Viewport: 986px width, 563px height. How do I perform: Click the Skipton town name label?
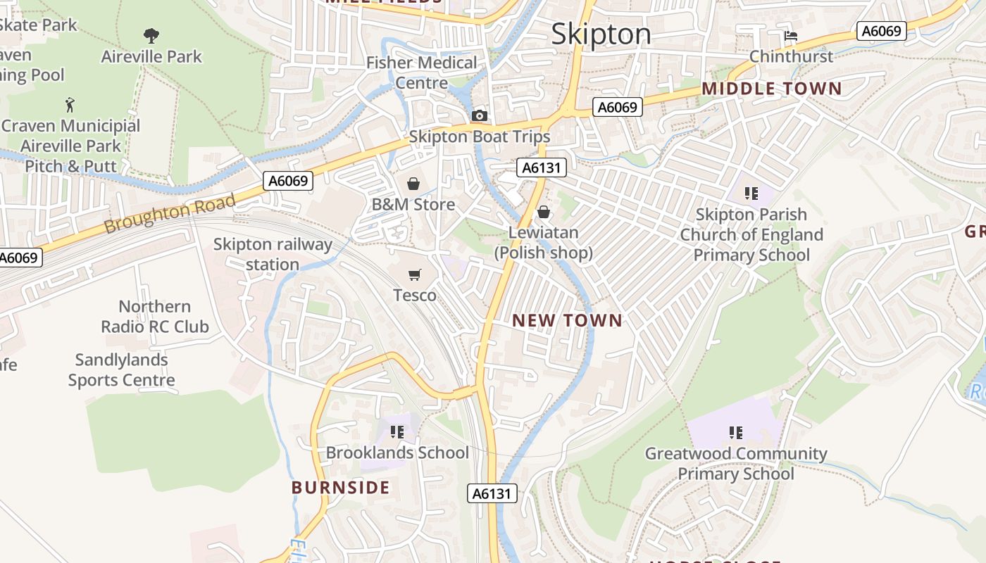coord(601,34)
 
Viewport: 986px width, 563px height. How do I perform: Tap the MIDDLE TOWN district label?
coord(771,89)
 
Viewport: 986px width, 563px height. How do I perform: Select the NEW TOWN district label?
coord(567,320)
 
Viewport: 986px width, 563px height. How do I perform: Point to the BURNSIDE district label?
coord(340,487)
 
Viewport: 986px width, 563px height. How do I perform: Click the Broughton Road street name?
coord(169,214)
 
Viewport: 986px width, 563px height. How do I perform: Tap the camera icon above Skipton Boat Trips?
coord(479,115)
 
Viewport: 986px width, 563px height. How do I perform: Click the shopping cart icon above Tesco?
coord(414,274)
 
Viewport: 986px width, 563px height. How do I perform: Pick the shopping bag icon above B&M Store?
coord(413,184)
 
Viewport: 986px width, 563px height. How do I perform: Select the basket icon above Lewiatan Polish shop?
coord(544,212)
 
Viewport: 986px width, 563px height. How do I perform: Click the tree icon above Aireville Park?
coord(151,35)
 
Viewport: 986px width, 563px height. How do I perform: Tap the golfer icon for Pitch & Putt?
coord(70,106)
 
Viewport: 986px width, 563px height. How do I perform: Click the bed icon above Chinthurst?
coord(791,35)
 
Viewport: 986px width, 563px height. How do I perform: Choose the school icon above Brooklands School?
coord(397,431)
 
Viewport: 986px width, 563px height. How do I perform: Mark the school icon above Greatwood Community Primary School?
coord(735,432)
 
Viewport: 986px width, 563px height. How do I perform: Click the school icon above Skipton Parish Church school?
coord(751,193)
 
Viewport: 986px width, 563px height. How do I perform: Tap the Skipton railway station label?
coord(273,254)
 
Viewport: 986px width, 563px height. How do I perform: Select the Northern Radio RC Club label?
coord(154,316)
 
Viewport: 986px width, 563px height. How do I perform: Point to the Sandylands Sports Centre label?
coord(121,369)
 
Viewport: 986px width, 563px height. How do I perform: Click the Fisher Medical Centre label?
coord(421,72)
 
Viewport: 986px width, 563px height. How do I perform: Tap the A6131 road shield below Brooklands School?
coord(492,493)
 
